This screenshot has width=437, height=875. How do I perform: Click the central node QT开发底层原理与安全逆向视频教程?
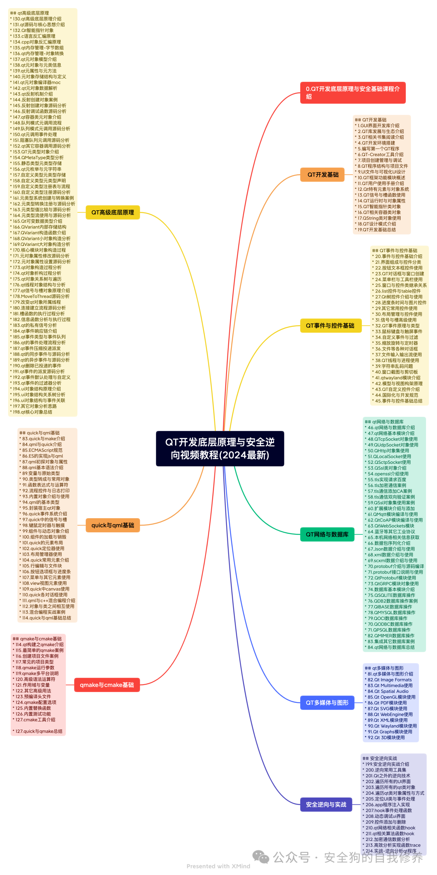tap(220, 448)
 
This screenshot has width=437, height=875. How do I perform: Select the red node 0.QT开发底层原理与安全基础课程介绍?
tap(352, 93)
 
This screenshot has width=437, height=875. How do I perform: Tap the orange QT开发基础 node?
tap(322, 175)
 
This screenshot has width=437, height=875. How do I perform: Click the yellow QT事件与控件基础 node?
tap(330, 326)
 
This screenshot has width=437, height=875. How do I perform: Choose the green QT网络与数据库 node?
tap(327, 534)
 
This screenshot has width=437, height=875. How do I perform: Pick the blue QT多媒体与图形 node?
tap(327, 703)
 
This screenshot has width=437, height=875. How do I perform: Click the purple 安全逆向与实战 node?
tap(326, 805)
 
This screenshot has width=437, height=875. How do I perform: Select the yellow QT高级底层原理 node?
tap(112, 212)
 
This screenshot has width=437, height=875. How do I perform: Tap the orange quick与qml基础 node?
tap(112, 525)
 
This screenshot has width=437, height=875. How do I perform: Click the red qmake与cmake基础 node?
tap(107, 685)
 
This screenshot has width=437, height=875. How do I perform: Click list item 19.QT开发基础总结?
tap(377, 230)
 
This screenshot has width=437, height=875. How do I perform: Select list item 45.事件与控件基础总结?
tap(399, 401)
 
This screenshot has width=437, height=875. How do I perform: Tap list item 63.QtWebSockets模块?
tap(391, 526)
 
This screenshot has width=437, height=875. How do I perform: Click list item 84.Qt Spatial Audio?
tap(388, 691)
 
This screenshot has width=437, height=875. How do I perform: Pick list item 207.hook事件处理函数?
tap(388, 811)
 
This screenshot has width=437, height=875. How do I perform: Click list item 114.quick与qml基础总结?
tap(47, 618)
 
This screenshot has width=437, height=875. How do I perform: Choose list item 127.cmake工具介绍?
tap(35, 720)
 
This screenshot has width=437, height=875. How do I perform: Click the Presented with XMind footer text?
tap(218, 866)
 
